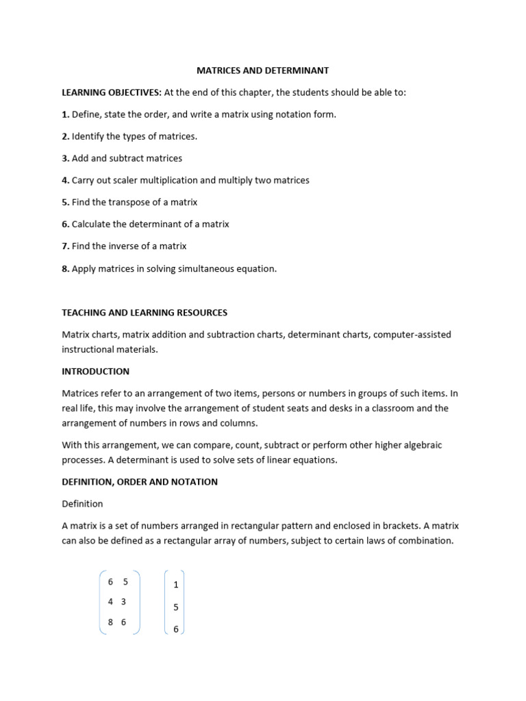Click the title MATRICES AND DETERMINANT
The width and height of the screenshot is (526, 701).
click(263, 71)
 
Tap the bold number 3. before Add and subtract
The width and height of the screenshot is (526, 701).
click(66, 158)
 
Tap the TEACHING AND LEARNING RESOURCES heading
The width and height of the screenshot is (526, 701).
click(145, 312)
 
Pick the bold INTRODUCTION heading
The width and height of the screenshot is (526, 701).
click(95, 372)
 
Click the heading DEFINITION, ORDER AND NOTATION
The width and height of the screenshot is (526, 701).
click(140, 482)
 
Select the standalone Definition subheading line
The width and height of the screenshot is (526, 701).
click(82, 504)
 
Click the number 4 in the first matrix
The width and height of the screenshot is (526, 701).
click(111, 602)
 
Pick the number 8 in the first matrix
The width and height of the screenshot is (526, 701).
click(111, 622)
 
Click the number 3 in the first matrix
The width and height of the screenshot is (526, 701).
click(123, 602)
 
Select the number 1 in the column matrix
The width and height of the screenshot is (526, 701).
click(176, 585)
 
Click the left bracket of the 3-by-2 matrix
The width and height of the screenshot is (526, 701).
click(101, 602)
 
